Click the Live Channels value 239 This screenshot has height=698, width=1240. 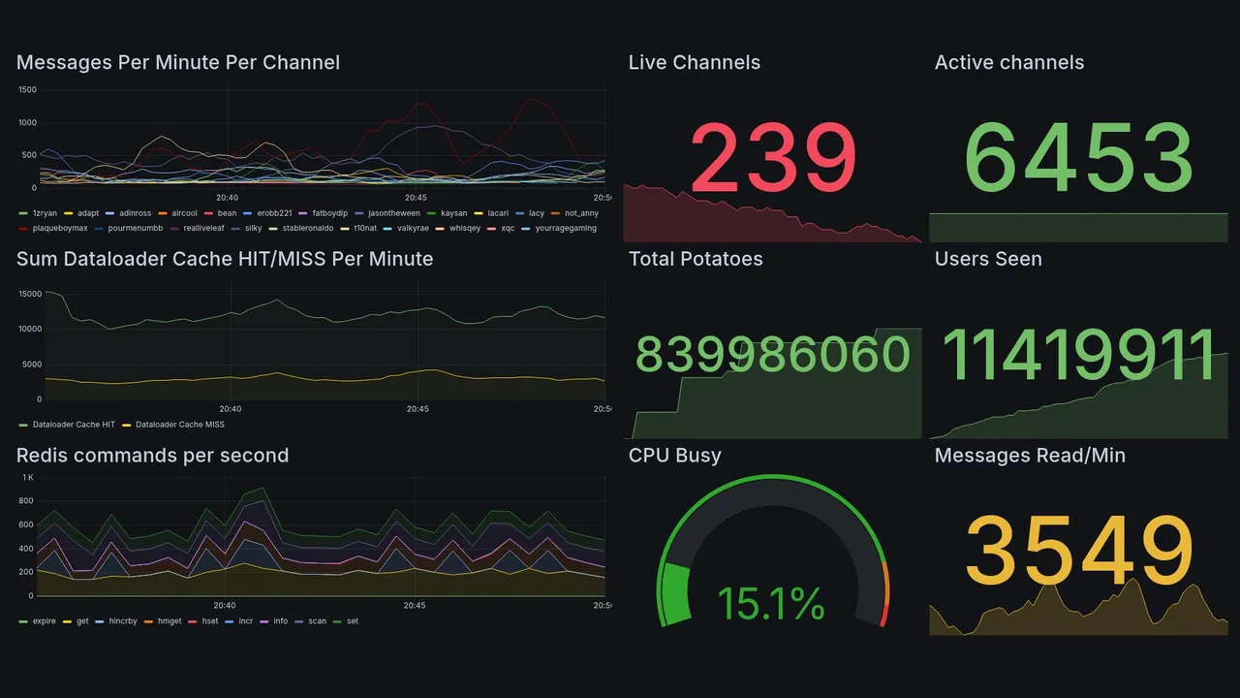773,157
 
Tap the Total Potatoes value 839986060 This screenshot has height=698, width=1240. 773,355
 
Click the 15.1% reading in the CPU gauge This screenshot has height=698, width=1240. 771,605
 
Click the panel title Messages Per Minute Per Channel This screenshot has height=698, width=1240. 178,63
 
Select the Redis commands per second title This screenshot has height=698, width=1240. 153,456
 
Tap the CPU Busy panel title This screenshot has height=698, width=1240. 675,456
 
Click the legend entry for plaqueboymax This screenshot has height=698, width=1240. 60,229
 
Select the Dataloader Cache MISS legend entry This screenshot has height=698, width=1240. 179,425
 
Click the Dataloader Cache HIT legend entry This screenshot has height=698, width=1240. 73,425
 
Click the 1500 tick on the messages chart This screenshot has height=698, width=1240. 27,90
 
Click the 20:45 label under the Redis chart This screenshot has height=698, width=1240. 415,606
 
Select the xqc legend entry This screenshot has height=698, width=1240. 507,229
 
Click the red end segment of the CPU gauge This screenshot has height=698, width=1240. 883,615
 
